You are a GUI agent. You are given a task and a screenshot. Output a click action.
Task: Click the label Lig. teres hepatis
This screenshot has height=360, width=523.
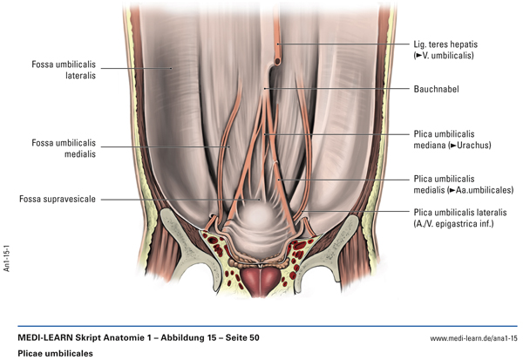click(445, 43)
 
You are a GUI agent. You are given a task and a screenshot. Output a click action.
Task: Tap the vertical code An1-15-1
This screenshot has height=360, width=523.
click(8, 253)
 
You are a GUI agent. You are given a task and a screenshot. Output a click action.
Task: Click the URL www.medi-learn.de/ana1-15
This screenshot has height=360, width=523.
click(474, 337)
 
